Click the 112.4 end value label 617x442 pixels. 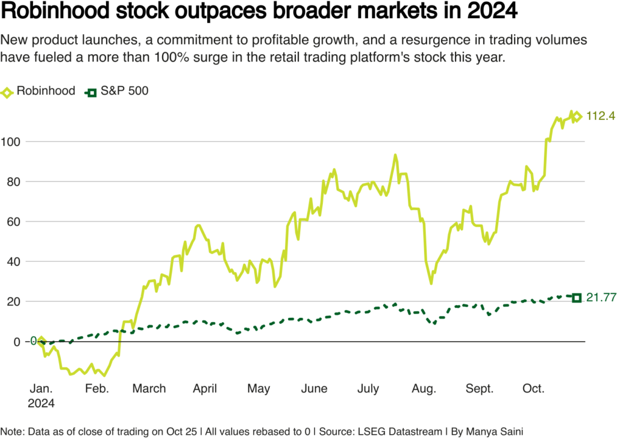[x=601, y=116]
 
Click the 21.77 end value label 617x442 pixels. [x=601, y=297]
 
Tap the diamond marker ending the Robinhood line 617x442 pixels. [x=577, y=116]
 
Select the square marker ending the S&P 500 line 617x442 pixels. [x=577, y=298]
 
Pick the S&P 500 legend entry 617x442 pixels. [x=117, y=92]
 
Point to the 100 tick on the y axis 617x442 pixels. [x=10, y=142]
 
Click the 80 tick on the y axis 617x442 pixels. [x=13, y=182]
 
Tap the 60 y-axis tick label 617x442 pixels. [x=13, y=222]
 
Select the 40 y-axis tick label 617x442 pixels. [x=13, y=262]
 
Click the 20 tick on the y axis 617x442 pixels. [x=13, y=302]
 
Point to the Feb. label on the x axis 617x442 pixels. [x=97, y=388]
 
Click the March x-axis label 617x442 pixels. [x=149, y=388]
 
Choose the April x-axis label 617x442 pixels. [x=205, y=389]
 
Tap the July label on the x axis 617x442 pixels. [x=368, y=389]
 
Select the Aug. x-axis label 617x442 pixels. [x=424, y=389]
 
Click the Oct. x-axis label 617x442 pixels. [x=533, y=388]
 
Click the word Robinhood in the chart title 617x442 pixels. [x=55, y=11]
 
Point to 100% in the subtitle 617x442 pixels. [x=168, y=57]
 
